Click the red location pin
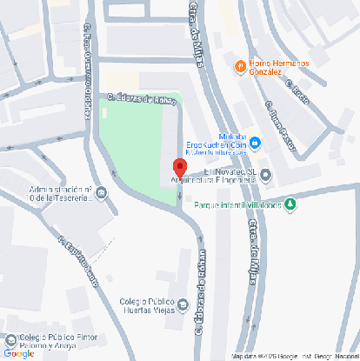(x=179, y=168)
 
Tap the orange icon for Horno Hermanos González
(x=239, y=66)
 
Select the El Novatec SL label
(x=230, y=172)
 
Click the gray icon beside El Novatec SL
(x=265, y=175)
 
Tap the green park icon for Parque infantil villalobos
(x=290, y=205)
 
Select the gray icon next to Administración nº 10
(x=103, y=193)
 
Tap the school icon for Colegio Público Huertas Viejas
(x=183, y=304)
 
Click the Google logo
(x=18, y=353)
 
